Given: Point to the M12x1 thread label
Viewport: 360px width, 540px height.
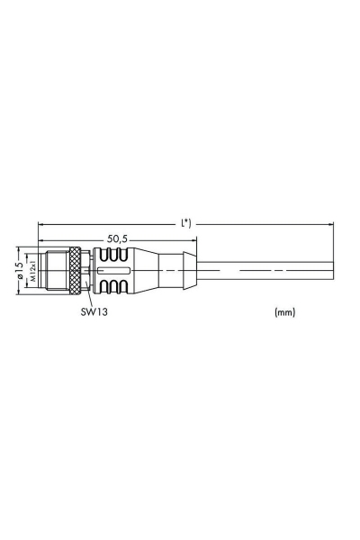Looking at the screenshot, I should click(31, 268).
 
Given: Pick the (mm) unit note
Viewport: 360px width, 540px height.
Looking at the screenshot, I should click(283, 313).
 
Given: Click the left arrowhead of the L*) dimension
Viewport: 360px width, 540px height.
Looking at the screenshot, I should click(41, 225).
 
